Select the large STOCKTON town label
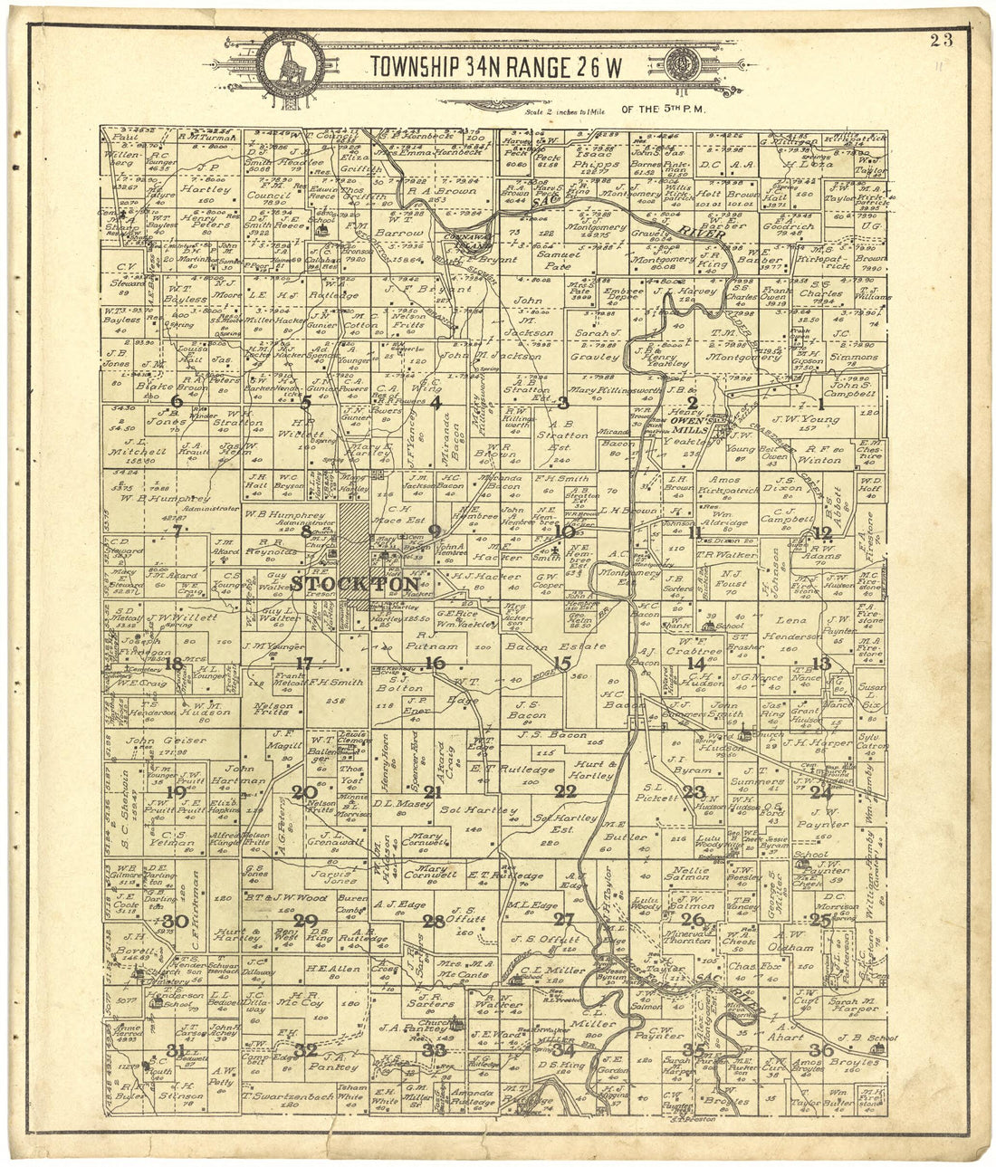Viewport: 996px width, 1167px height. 355,585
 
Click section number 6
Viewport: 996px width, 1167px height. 176,401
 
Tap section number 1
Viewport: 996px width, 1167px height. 821,403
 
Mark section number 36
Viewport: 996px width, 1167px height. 821,1049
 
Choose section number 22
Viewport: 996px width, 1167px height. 566,791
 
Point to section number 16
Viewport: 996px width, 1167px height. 436,663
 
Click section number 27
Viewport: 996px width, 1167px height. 564,920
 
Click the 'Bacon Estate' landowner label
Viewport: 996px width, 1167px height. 555,646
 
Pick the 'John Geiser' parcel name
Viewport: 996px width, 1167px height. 154,741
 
